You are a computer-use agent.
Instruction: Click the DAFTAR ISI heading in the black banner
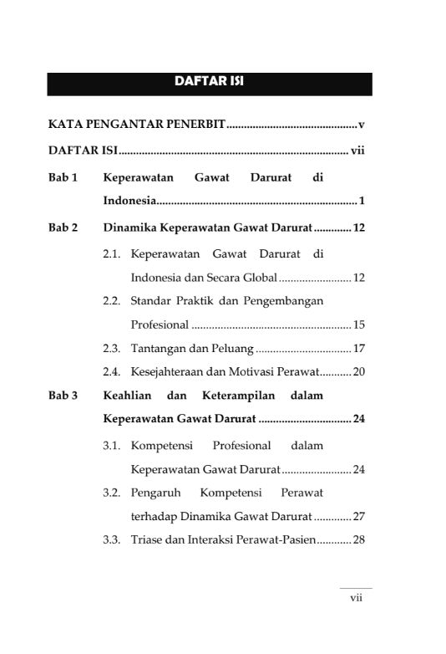pyautogui.click(x=209, y=82)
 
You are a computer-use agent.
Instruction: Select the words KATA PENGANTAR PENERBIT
pyautogui.click(x=136, y=125)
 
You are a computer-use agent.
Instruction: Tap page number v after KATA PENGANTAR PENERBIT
pyautogui.click(x=361, y=125)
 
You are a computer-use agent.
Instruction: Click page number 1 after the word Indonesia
pyautogui.click(x=361, y=202)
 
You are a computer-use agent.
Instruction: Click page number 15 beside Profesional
pyautogui.click(x=359, y=324)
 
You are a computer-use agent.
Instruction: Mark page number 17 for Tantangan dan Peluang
pyautogui.click(x=359, y=347)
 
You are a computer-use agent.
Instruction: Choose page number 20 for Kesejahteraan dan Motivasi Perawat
pyautogui.click(x=359, y=370)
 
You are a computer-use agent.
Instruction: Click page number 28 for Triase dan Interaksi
pyautogui.click(x=359, y=540)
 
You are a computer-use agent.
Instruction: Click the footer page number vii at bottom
pyautogui.click(x=355, y=598)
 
